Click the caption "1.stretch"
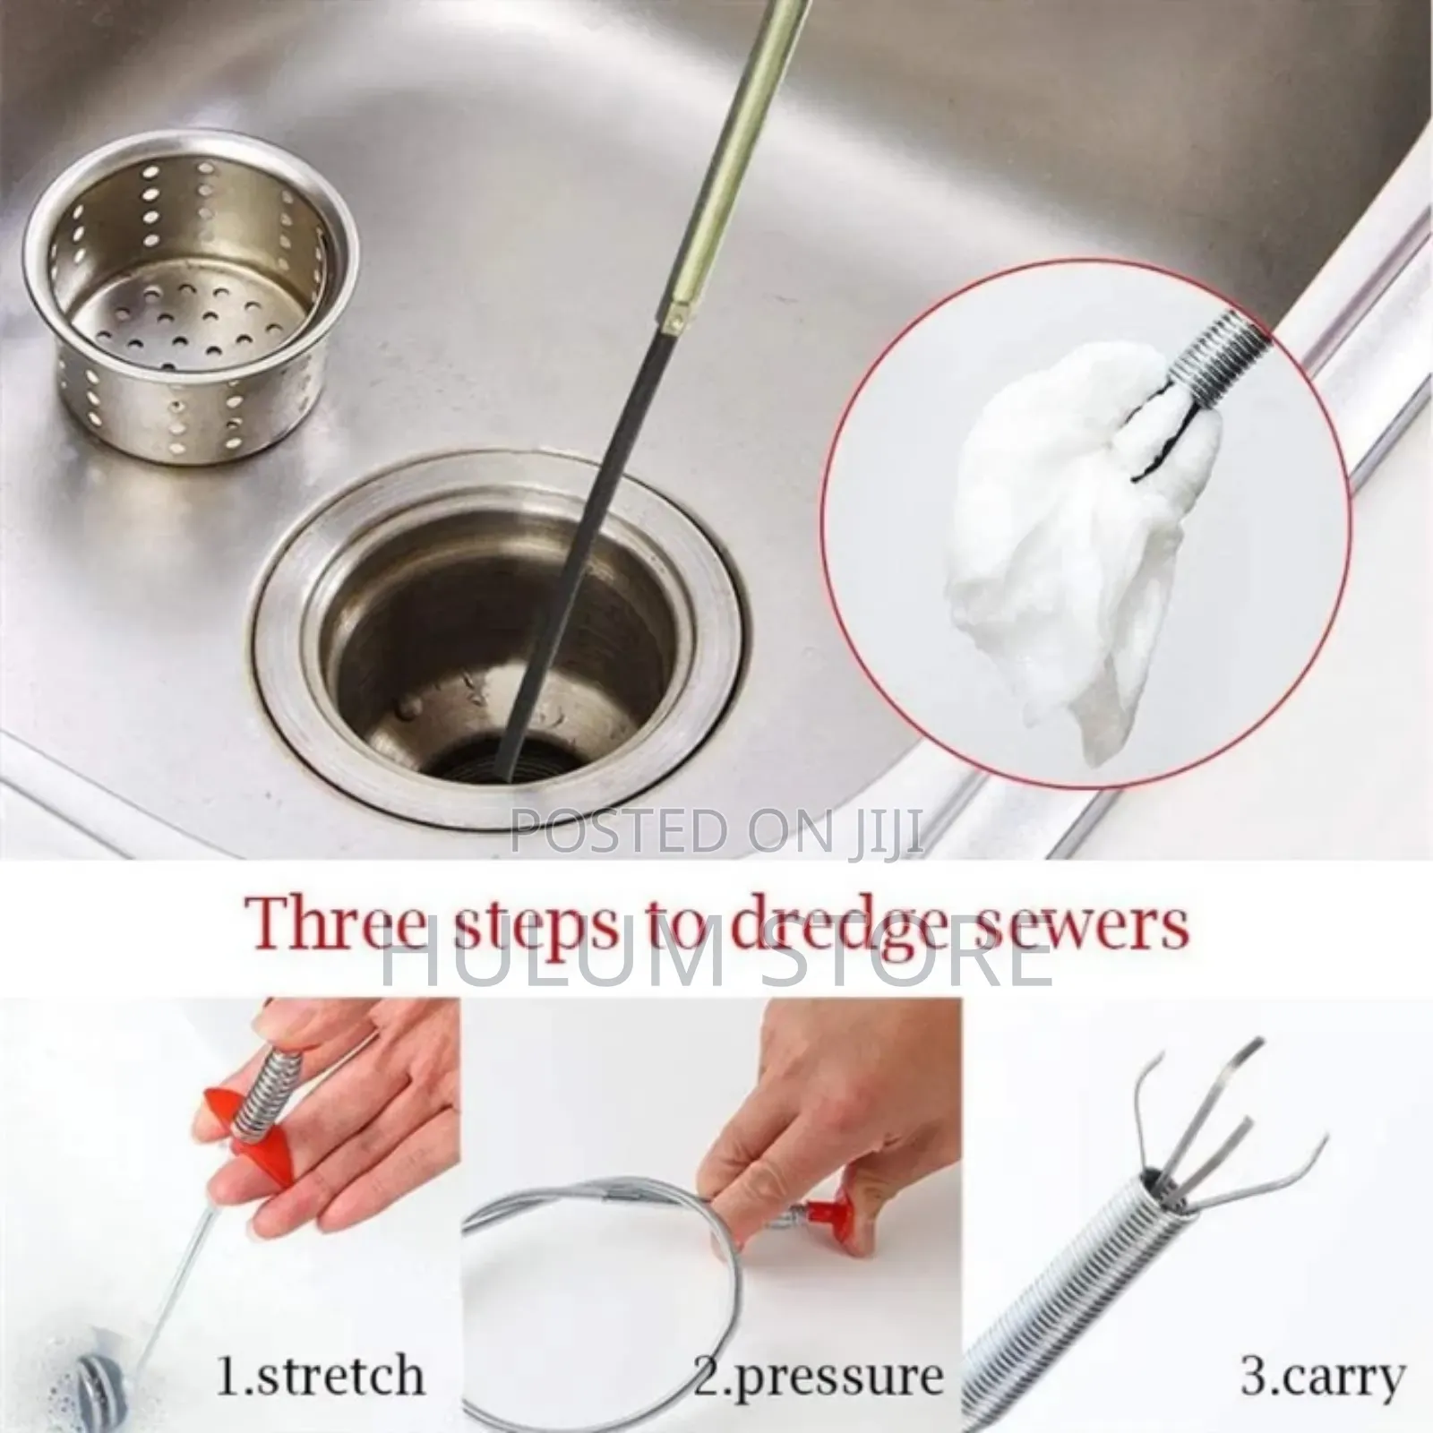[x=321, y=1374]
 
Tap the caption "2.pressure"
[x=819, y=1374]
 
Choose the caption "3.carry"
[x=1322, y=1374]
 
